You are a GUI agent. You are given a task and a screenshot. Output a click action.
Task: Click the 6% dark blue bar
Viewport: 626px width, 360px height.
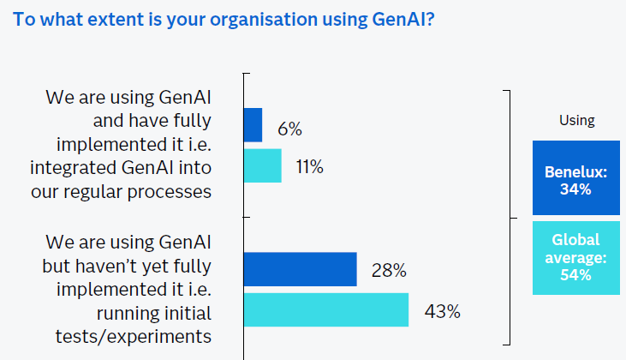[253, 125]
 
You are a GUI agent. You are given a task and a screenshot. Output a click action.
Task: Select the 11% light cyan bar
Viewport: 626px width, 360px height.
[262, 165]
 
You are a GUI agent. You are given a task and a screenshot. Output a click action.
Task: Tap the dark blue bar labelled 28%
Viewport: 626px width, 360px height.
[300, 269]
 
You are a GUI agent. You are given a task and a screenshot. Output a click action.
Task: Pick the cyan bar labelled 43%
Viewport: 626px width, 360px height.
[325, 309]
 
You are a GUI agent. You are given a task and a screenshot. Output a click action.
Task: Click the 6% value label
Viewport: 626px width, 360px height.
[289, 129]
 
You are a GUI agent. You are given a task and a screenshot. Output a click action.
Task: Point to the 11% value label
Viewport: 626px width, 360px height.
[309, 167]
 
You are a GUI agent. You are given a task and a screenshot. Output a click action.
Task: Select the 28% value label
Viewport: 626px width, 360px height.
[389, 271]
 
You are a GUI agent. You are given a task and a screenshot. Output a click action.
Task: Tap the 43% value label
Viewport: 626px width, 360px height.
[442, 311]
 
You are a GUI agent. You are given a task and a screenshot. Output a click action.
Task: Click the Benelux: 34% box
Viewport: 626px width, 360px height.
[575, 177]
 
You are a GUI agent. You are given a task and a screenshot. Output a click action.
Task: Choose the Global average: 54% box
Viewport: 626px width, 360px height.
[575, 257]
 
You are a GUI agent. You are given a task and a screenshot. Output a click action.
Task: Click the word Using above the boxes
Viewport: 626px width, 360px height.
[576, 120]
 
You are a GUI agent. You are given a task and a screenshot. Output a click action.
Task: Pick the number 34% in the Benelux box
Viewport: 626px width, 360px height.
[575, 189]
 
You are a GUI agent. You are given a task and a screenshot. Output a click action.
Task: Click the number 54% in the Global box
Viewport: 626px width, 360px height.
[575, 275]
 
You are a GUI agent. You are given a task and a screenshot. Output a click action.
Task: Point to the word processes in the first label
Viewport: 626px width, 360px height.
[172, 190]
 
